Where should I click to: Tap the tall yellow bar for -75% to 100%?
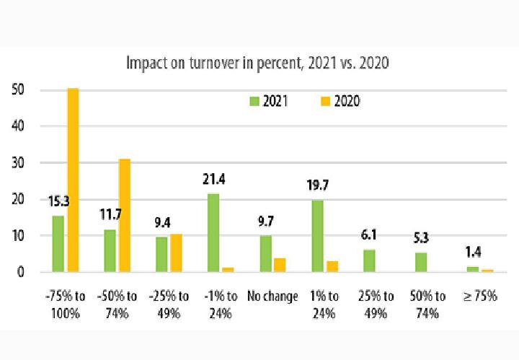73,180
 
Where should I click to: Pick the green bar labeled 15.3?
58,244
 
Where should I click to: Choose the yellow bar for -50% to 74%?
125,216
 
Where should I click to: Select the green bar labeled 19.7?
317,236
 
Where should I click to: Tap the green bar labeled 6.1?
369,260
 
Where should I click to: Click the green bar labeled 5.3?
421,262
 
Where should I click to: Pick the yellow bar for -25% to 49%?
177,253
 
